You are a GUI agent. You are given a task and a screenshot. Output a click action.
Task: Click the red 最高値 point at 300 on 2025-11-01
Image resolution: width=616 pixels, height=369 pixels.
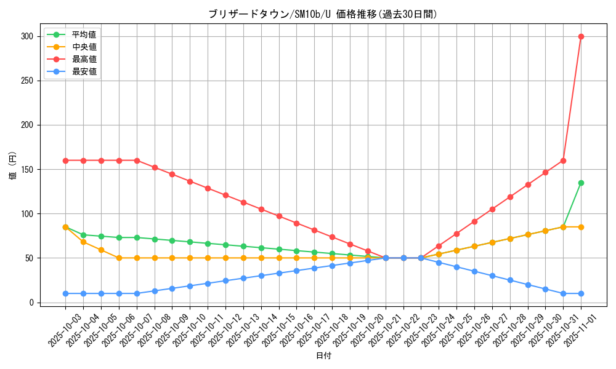click(581, 36)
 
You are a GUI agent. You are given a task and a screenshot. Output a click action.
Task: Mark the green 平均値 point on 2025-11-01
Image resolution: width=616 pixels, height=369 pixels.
click(581, 183)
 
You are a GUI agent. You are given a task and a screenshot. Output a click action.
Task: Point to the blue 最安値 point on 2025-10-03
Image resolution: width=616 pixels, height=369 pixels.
click(65, 293)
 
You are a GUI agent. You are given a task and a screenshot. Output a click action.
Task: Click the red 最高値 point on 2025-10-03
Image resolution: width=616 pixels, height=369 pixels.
click(65, 161)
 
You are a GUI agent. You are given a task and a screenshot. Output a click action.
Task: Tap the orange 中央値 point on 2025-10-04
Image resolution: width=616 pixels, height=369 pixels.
click(83, 242)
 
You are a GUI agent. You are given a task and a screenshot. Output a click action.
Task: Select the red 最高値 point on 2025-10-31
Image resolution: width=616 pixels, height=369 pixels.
click(563, 161)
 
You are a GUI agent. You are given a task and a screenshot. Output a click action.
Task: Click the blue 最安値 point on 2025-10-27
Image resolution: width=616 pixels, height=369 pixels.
click(492, 276)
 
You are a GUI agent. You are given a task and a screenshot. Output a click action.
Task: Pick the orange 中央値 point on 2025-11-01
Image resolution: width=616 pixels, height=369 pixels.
click(581, 227)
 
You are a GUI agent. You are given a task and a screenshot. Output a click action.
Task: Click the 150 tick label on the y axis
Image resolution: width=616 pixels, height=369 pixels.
click(29, 169)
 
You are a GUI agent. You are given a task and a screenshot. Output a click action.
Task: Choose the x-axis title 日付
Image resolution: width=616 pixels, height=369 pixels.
click(323, 356)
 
